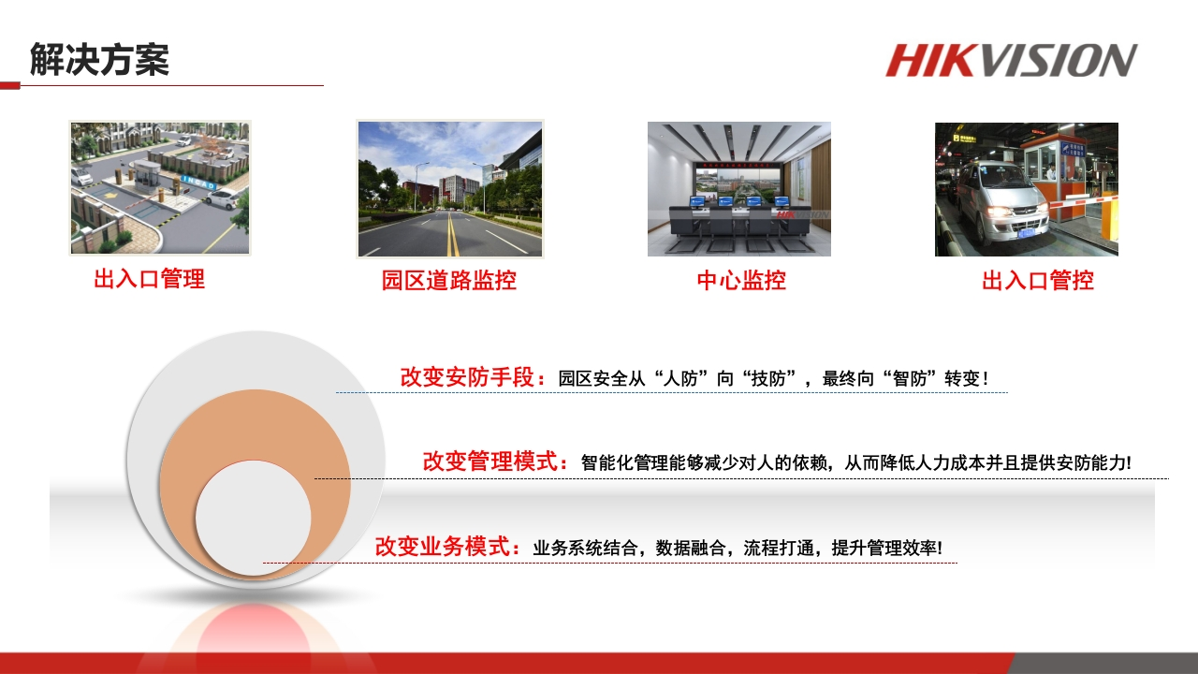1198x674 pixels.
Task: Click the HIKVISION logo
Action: coord(1012,61)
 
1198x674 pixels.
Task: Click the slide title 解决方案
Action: coord(99,59)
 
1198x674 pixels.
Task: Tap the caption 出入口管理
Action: coord(149,279)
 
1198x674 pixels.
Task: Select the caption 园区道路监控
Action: coord(448,280)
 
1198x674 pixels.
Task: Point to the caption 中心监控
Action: coord(741,280)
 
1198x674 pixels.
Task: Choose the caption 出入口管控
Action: coord(1038,280)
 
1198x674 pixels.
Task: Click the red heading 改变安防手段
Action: coord(467,377)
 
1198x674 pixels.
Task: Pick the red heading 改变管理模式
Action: coord(489,462)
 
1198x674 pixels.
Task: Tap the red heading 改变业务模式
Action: coord(443,546)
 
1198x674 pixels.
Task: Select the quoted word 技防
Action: coord(768,379)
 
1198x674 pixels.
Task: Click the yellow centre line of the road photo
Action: coord(452,235)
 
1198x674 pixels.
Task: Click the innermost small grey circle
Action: coord(254,518)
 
